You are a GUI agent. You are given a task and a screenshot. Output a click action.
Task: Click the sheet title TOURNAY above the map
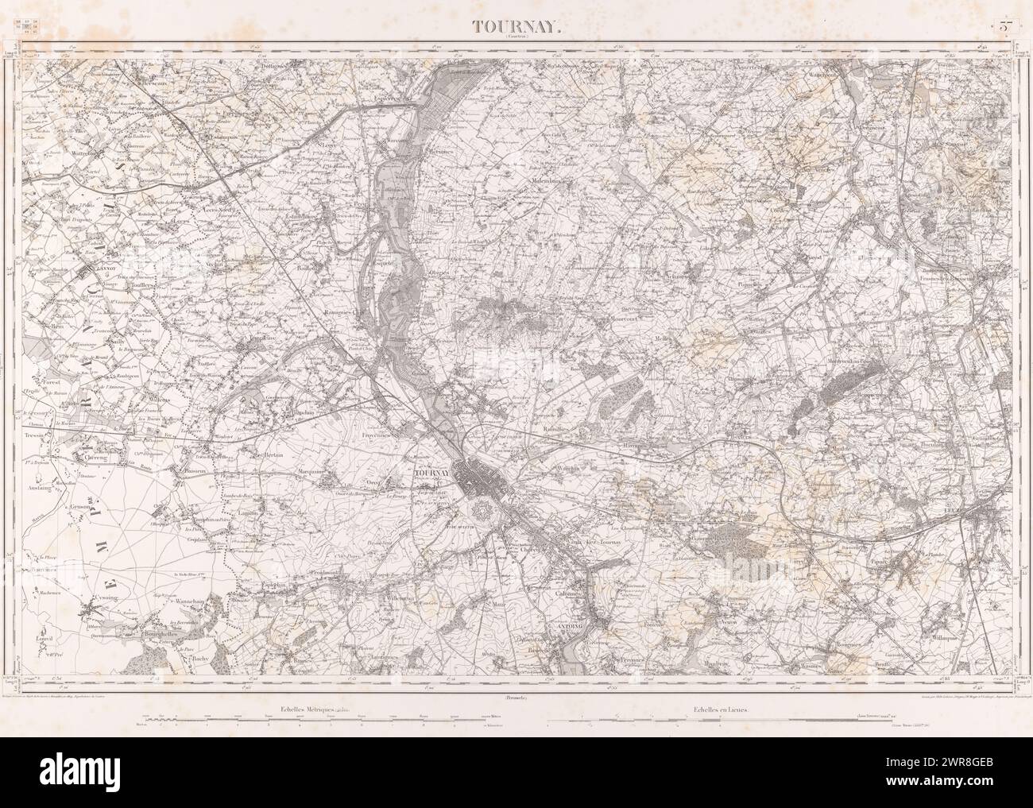point(517,26)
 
